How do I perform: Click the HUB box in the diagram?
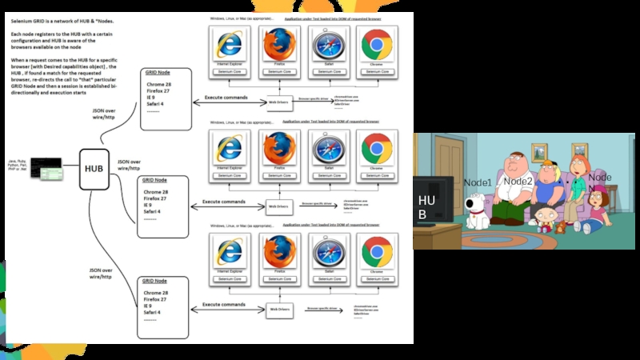(x=94, y=169)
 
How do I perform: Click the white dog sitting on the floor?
(x=478, y=210)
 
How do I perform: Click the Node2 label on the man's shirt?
(x=518, y=182)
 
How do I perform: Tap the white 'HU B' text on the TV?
(x=427, y=207)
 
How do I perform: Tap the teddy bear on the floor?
(x=561, y=226)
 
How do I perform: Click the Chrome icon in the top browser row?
(x=376, y=46)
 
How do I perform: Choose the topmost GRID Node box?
(x=166, y=97)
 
